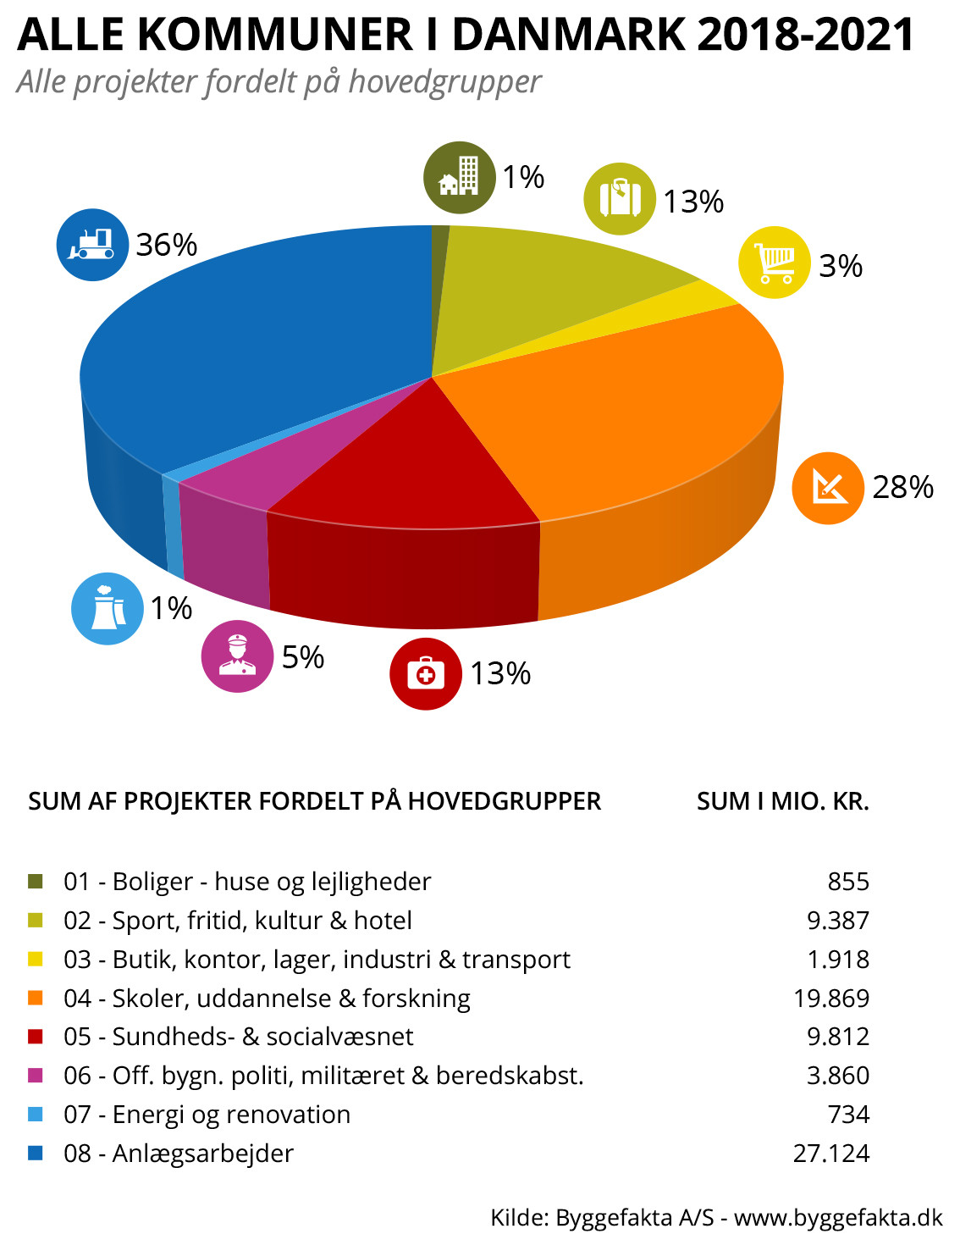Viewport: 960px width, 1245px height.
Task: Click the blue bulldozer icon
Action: coord(92,245)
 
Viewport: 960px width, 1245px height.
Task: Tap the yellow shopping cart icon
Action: coord(775,263)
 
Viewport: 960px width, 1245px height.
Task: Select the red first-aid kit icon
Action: coord(426,673)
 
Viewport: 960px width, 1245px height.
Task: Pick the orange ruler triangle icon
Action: coord(828,488)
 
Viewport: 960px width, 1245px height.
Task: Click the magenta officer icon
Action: coord(237,656)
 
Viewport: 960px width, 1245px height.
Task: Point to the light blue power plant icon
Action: coord(108,608)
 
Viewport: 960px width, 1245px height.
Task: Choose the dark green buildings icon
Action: coord(460,177)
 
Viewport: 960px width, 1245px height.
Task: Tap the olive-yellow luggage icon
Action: coord(620,199)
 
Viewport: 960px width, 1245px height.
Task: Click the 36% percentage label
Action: coord(167,245)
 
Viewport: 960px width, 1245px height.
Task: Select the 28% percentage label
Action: coord(902,487)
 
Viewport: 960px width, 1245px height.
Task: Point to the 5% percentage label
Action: coord(303,657)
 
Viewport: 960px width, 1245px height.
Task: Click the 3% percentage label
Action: coord(841,266)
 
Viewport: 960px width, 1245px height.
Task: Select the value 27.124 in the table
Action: coord(831,1153)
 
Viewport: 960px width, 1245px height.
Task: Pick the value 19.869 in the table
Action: coord(831,998)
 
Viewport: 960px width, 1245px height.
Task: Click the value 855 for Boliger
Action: coord(848,882)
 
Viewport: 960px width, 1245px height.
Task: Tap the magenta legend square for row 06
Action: coord(36,1076)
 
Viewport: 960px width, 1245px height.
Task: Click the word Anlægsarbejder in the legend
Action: coord(203,1153)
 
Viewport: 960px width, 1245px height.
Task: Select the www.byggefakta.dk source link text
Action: coord(838,1217)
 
